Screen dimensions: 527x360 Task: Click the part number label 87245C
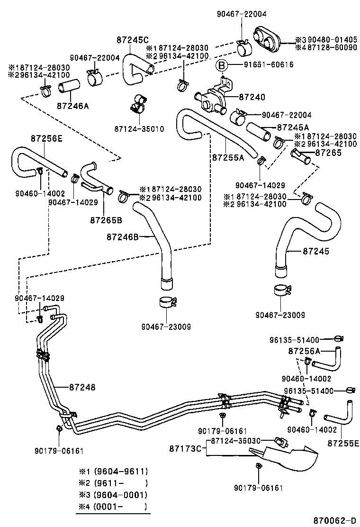coord(132,40)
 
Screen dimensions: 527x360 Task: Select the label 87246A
coord(72,106)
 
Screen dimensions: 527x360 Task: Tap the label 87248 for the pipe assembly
coord(82,387)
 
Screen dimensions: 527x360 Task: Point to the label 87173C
coord(185,448)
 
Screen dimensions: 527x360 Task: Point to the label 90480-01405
coord(330,40)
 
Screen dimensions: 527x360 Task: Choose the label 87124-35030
coord(235,440)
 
